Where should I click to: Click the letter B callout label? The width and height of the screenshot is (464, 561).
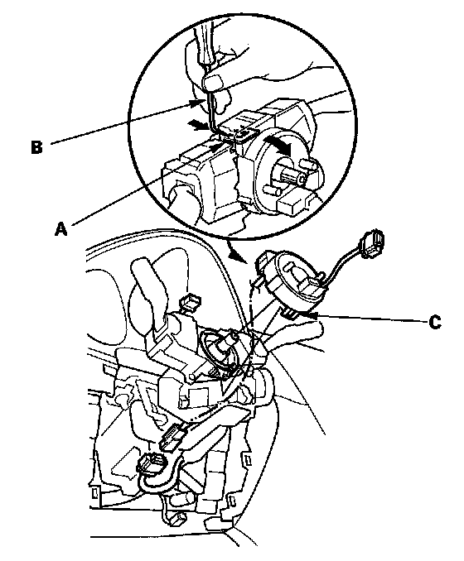36,146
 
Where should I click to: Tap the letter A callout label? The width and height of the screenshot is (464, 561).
61,228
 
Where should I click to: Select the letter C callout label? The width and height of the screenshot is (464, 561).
435,322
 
